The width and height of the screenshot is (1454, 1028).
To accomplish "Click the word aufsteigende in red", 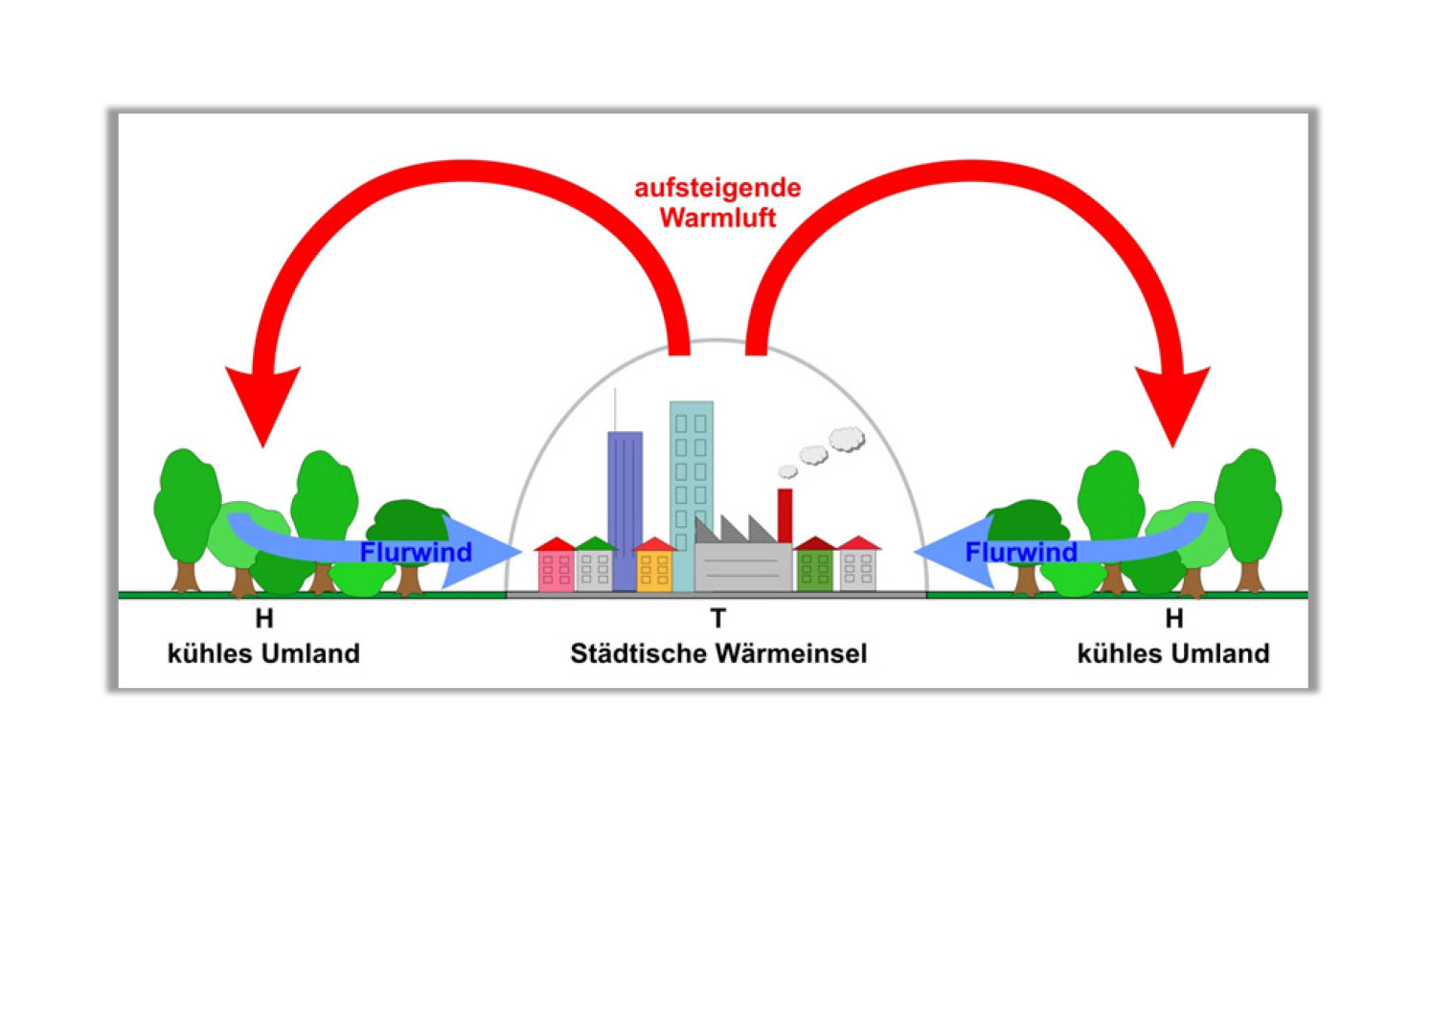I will point(717,188).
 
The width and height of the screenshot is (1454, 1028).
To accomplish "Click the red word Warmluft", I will point(717,217).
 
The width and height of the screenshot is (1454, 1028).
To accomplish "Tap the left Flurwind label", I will point(416,552).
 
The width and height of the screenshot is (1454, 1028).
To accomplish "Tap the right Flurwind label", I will point(1021,552).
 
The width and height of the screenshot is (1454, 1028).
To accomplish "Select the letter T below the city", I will point(718,619).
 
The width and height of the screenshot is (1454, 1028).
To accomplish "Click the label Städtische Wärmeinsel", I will point(718,653).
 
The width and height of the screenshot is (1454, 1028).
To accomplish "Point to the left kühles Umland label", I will point(263,653).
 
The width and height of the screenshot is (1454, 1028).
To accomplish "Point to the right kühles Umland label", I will point(1173,653).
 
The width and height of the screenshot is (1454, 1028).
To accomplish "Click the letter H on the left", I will point(264,619).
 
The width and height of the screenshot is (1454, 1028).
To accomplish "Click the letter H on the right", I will point(1174,619).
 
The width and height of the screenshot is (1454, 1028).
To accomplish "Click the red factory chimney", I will point(785,515).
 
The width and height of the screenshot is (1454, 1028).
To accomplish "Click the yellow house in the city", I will point(654,568).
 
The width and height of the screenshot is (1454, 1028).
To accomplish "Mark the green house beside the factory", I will point(814,568).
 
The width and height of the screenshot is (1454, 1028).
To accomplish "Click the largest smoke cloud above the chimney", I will point(847,439).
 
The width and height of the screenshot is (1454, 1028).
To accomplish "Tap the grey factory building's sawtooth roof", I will point(736,530).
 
